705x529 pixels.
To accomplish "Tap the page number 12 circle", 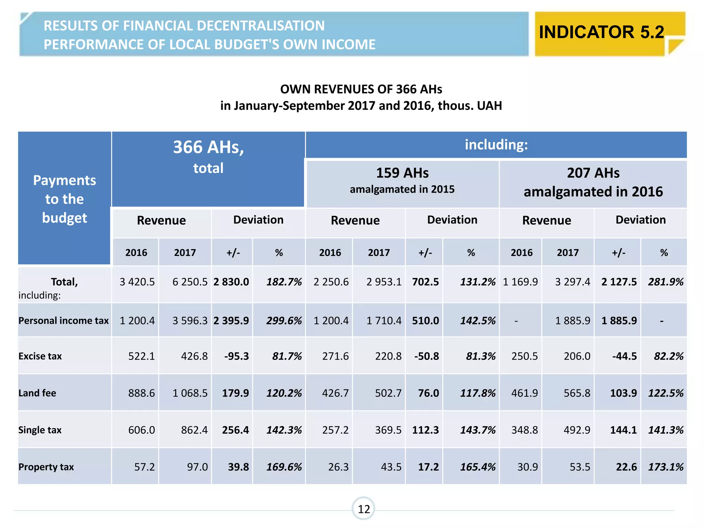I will (364, 508).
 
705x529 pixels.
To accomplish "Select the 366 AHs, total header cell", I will (208, 157).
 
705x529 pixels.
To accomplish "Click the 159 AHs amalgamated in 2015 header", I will (402, 180).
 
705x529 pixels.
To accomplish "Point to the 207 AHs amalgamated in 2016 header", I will (593, 182).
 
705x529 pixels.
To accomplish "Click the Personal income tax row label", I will (64, 321).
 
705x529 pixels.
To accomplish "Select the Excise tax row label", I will (40, 356).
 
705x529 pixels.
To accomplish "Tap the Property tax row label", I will (46, 467).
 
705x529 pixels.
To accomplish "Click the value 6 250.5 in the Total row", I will (190, 282).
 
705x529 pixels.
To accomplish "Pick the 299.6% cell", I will (284, 321).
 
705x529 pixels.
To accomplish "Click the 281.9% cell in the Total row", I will (665, 282).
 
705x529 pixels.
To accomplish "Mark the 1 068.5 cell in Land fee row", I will (190, 393).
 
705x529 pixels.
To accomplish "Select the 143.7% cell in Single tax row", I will (477, 430).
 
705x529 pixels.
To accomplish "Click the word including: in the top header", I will (496, 145).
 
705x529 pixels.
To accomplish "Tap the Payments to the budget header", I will (64, 199).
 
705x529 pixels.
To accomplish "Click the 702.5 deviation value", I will (425, 282).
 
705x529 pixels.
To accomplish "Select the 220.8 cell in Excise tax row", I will (388, 356).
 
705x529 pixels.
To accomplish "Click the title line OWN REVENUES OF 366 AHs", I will (361, 89).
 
